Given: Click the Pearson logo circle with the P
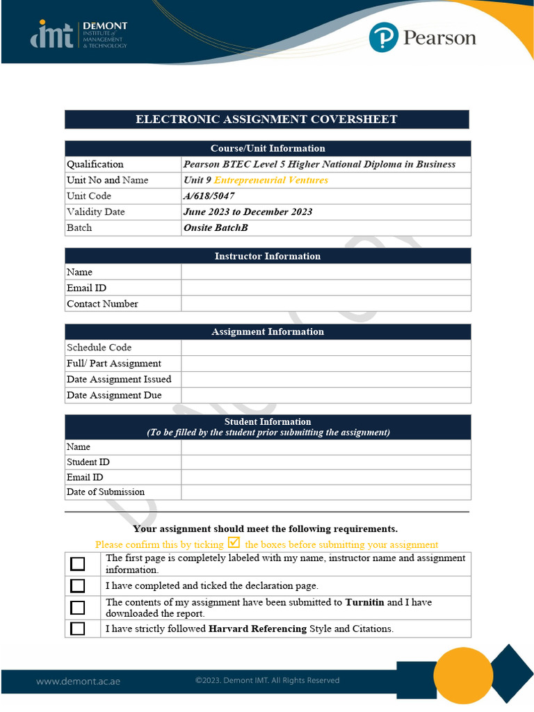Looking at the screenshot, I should click(383, 37).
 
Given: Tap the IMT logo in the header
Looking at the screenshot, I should click(52, 34).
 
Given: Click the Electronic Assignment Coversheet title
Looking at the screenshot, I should click(266, 120).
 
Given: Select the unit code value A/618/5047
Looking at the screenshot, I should click(209, 196).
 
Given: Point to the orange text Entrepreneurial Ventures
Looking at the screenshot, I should click(271, 180).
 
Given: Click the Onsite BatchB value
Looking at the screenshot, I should click(216, 228).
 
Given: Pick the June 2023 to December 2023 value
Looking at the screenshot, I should click(248, 212).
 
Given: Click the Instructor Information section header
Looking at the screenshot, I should click(268, 257).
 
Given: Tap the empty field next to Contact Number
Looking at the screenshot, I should click(325, 304).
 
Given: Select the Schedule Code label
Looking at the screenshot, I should click(99, 348).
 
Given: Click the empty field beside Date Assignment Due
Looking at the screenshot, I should click(325, 396).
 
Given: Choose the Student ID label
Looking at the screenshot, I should click(88, 462).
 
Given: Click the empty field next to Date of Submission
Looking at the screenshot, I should click(325, 492).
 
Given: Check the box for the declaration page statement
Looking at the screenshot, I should click(78, 586).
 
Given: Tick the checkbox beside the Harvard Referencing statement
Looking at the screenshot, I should click(78, 629).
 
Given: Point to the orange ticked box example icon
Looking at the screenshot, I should click(234, 543).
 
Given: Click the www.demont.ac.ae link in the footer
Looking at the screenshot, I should click(78, 681).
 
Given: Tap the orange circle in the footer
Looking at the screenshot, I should click(462, 675).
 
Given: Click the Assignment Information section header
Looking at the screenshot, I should click(268, 332).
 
